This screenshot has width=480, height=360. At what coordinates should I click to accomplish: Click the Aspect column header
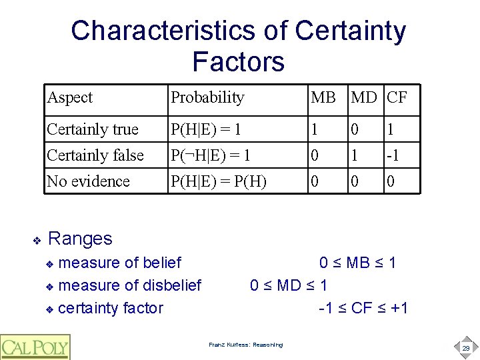(x=70, y=98)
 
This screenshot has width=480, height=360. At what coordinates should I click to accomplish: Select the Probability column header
(x=207, y=98)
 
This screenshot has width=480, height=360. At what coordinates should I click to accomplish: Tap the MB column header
(x=323, y=98)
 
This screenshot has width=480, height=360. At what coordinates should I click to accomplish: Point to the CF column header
(x=397, y=98)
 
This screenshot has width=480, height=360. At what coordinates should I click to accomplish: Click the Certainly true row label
(x=93, y=129)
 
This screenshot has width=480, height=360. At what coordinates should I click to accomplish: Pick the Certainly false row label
(x=95, y=155)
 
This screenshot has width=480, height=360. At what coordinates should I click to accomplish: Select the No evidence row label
(x=88, y=181)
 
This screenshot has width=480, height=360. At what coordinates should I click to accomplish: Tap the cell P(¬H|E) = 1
(x=211, y=155)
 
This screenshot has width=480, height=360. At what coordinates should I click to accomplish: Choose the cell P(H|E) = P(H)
(x=219, y=181)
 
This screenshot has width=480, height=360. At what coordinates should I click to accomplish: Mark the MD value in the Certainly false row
(x=355, y=155)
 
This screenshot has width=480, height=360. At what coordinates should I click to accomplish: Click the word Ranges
(x=81, y=238)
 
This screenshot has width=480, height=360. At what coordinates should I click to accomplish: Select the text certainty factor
(x=111, y=308)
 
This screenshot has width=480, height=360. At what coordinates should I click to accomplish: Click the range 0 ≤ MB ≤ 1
(x=357, y=263)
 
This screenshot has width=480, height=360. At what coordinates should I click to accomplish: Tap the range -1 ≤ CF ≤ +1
(x=363, y=308)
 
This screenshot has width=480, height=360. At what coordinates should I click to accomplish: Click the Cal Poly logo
(x=35, y=347)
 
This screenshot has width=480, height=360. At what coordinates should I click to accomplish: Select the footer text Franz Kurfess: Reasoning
(x=245, y=345)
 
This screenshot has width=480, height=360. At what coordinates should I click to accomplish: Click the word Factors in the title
(x=238, y=62)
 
